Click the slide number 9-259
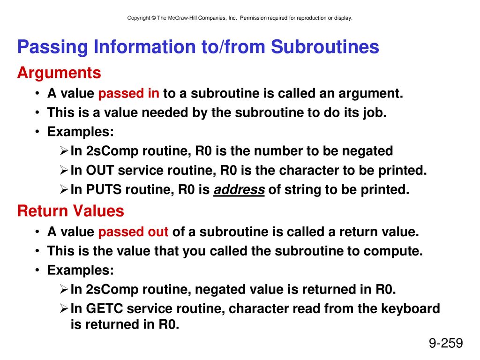[446, 343]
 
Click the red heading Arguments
[59, 73]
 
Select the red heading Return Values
[71, 211]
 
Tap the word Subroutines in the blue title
[325, 47]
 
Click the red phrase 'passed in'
[128, 93]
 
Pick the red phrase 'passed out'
[133, 232]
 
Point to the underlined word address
[239, 189]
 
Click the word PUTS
[104, 189]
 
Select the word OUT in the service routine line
[100, 170]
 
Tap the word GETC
[105, 308]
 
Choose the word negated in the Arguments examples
[367, 151]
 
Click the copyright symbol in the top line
[153, 18]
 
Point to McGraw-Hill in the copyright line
[182, 18]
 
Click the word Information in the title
[144, 47]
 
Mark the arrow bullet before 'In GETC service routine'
[64, 308]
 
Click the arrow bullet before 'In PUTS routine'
[64, 190]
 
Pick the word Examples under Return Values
[81, 270]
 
